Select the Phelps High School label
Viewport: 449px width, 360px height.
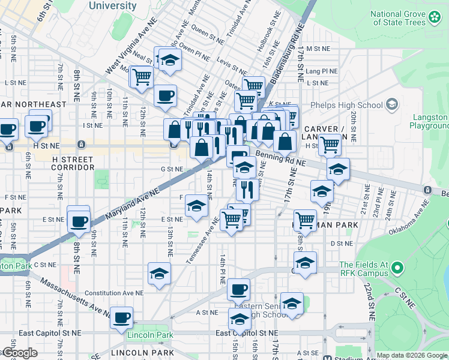coord(346,106)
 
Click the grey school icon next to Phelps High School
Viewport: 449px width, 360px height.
coord(392,106)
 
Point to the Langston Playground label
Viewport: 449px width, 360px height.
coord(429,121)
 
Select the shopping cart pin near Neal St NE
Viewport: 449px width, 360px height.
coord(142,77)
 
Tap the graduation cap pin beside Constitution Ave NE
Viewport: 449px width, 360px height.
coord(159,274)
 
